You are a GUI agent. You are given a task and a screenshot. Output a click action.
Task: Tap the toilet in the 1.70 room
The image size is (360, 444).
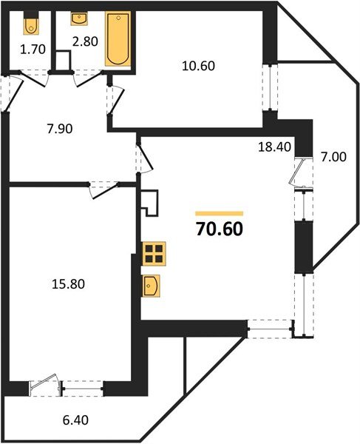tap(30, 25)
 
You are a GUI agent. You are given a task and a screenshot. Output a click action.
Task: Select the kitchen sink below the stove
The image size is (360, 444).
tap(152, 285)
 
